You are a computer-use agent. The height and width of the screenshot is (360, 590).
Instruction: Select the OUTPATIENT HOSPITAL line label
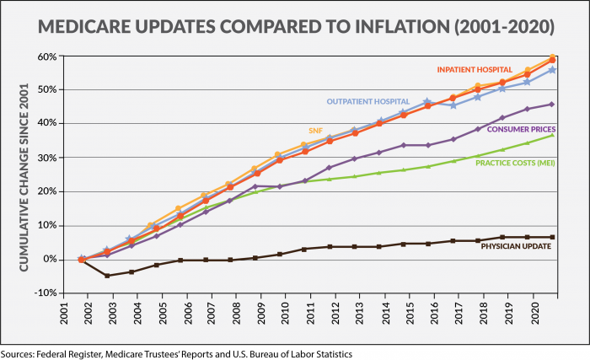(373, 102)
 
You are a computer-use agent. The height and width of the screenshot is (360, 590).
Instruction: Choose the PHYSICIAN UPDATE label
(517, 247)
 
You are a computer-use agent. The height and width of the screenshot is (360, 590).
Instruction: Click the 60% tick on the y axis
(48, 56)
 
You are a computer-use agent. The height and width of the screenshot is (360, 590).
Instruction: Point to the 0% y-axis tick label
(51, 260)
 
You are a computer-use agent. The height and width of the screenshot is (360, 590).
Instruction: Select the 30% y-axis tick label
(48, 158)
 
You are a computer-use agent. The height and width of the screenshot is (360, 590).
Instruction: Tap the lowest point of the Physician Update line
(107, 276)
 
